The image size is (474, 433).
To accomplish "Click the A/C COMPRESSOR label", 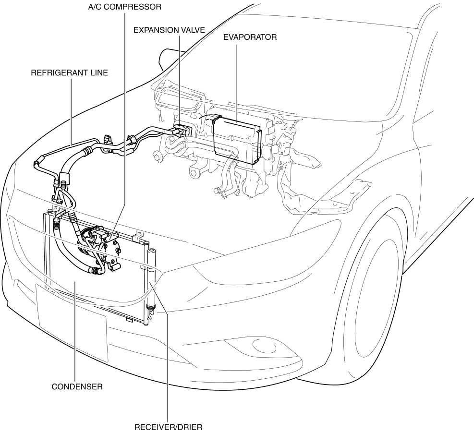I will coord(124,7).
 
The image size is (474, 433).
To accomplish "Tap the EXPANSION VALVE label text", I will coord(169,30).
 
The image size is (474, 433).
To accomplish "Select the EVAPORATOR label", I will coord(250,37).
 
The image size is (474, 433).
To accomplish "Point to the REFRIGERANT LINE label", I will coord(69,73).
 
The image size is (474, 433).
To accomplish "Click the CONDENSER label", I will coord(77,386).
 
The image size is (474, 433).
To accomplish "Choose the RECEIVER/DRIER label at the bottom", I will coord(168,426).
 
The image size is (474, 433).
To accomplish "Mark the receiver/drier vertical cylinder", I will coord(152,278).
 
